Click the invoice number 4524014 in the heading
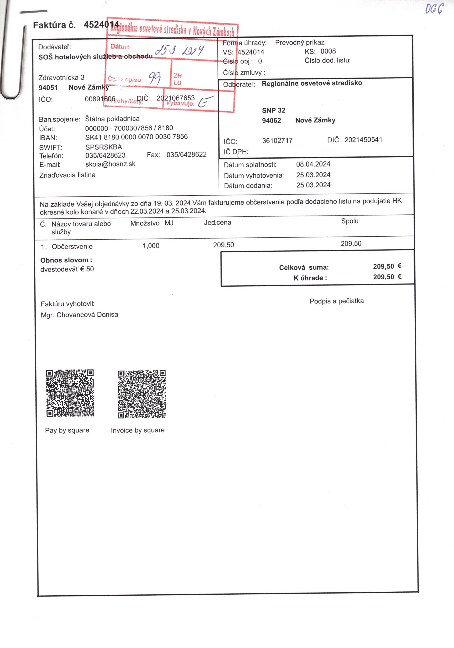[x=101, y=25]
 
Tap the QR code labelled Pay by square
[x=70, y=393]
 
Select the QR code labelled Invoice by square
[x=142, y=394]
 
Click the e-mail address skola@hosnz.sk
[x=110, y=164]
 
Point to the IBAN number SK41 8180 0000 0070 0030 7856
[x=136, y=137]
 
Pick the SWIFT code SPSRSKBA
[x=103, y=147]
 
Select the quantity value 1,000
[x=151, y=245]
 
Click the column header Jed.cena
[x=217, y=222]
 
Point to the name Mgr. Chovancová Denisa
[x=79, y=315]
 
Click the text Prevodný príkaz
[x=300, y=43]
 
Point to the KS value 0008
[x=328, y=51]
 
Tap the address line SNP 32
[x=273, y=110]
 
